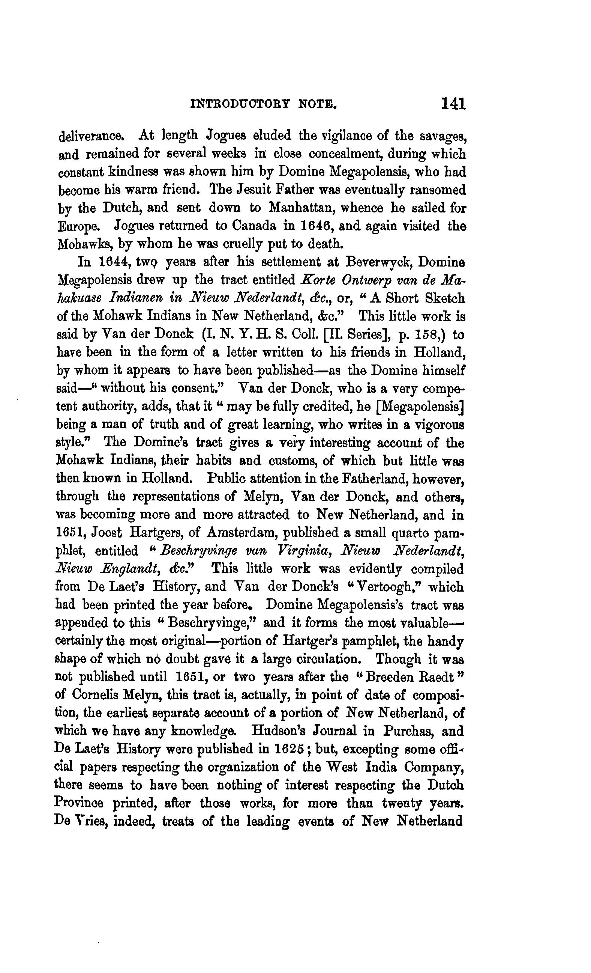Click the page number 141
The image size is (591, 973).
[453, 104]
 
